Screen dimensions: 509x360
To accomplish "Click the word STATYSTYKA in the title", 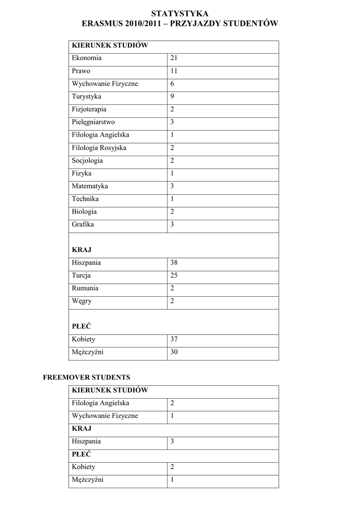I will coord(180,13).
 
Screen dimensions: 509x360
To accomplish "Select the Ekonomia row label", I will coord(87,58).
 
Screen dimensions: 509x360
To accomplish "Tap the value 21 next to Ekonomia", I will coord(174,58).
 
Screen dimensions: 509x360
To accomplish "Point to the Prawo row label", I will coord(81,71).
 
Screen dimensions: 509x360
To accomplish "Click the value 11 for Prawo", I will coord(174,71).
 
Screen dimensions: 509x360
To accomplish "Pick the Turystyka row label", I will coord(86,96).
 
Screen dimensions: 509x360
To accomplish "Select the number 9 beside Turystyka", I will coord(172,96).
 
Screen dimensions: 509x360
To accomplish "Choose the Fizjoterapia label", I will coord(89,109).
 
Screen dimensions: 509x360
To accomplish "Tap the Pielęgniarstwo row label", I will coord(93,122).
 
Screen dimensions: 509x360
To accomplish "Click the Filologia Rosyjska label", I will coord(99,148).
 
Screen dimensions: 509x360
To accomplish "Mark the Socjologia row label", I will coord(88,161).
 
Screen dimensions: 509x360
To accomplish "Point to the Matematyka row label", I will coord(90,186).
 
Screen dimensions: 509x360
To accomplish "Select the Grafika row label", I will coord(83,224).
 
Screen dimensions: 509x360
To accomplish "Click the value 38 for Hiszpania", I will coord(174,262).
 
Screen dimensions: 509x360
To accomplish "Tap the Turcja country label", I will coord(81,275).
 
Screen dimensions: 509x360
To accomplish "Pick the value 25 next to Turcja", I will coord(174,275).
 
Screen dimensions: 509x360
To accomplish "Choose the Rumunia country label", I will coord(85,288).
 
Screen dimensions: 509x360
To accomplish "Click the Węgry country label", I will coord(82,301).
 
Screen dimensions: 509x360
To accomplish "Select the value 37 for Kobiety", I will coord(174,339).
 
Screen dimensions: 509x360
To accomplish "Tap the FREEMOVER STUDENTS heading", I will coord(87,377).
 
